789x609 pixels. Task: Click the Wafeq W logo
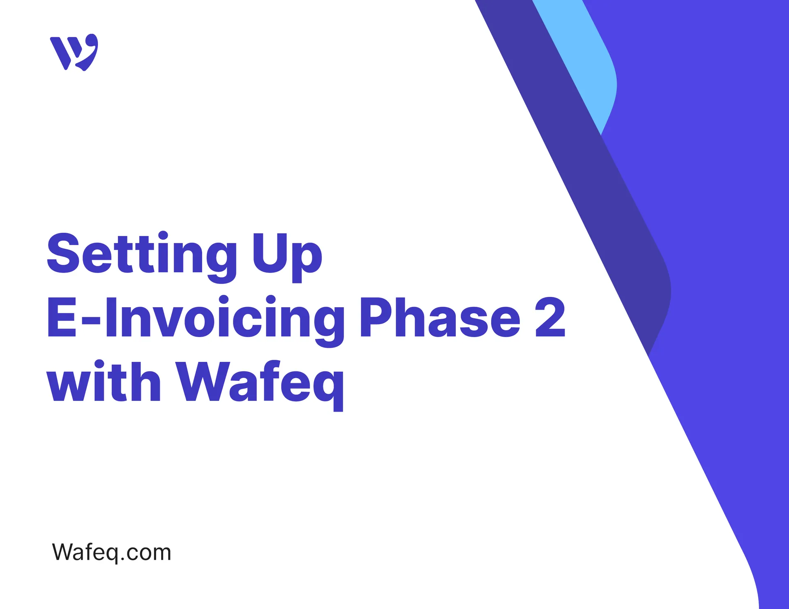pyautogui.click(x=74, y=52)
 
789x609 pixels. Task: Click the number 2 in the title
pyautogui.click(x=550, y=317)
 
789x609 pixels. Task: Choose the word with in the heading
pyautogui.click(x=104, y=382)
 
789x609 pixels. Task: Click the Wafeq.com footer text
pyautogui.click(x=111, y=552)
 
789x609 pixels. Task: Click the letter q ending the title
pyautogui.click(x=328, y=387)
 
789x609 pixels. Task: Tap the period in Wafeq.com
pyautogui.click(x=122, y=559)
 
